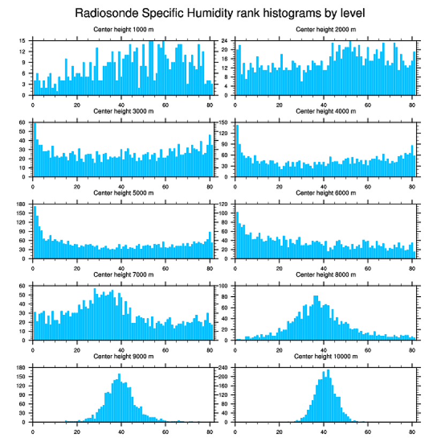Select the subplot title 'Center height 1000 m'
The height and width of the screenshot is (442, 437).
click(x=123, y=30)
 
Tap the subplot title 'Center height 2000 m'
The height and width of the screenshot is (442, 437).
click(x=326, y=30)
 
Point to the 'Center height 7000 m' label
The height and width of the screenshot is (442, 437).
click(x=123, y=275)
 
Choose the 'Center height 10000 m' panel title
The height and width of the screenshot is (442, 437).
click(x=326, y=356)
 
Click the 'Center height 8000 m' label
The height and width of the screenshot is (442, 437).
click(x=326, y=275)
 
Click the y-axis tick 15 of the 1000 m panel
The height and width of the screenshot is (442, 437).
click(x=22, y=41)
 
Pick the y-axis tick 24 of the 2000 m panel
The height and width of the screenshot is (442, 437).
click(x=225, y=41)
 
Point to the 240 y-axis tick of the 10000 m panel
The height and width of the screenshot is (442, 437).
click(x=224, y=367)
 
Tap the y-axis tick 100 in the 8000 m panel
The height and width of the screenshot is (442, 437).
click(x=224, y=286)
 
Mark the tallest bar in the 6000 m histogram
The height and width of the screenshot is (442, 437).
click(x=237, y=236)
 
